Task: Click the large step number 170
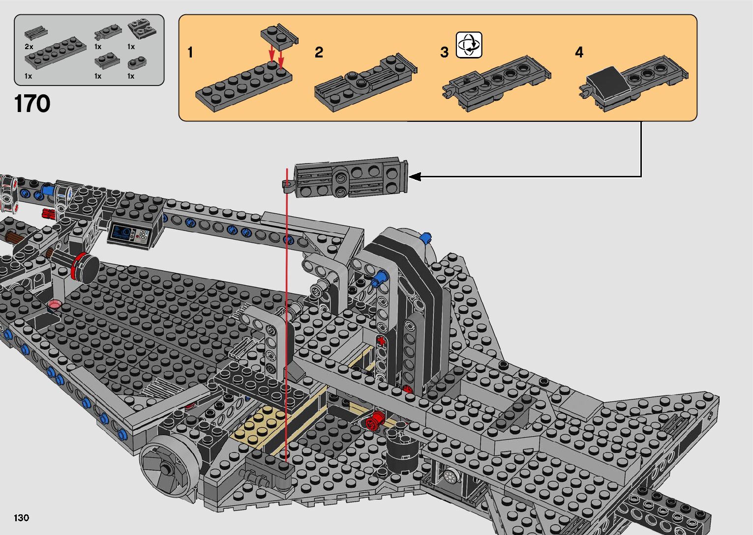coord(32,104)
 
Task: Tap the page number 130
coord(22,517)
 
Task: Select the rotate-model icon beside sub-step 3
coord(469,45)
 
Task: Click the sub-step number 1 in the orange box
coord(190,53)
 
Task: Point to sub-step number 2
coord(319,52)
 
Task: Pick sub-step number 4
coord(579,52)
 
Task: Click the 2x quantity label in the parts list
coord(29,47)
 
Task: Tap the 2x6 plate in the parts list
coord(56,53)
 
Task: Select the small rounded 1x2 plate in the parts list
coord(137,63)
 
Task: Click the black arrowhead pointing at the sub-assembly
coord(415,177)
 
